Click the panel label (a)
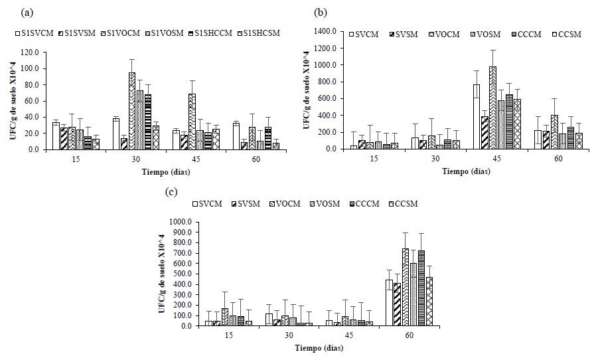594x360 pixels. pyautogui.click(x=27, y=13)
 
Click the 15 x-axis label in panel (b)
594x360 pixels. pyautogui.click(x=376, y=159)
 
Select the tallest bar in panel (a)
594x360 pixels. pyautogui.click(x=132, y=111)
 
